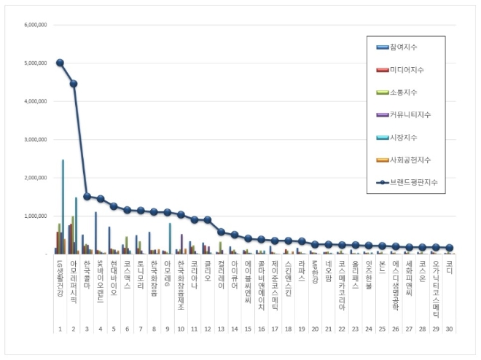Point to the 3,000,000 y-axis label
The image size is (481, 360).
pos(36,139)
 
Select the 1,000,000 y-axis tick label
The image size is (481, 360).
pos(36,216)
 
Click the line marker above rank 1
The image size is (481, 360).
pos(60,63)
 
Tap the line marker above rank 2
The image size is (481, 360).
pos(74,83)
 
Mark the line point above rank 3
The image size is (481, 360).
pos(87,196)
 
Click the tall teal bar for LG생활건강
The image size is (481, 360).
pos(63,207)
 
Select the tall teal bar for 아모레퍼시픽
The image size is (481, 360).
pos(76,226)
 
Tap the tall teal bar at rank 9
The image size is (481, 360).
pos(170,238)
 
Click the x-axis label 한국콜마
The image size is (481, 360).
pos(87,273)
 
